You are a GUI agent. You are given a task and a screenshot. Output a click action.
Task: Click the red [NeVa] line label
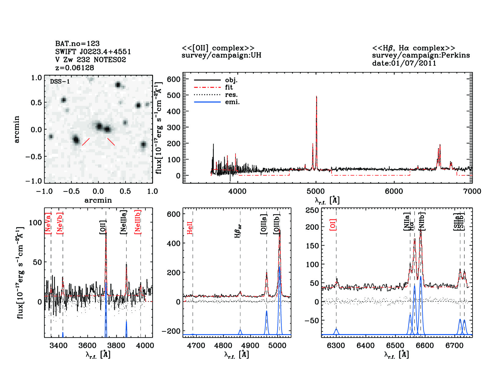click(48, 223)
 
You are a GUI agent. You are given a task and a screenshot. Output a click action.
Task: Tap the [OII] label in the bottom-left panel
click(103, 227)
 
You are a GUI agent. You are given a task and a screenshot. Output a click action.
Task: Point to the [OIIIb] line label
click(277, 224)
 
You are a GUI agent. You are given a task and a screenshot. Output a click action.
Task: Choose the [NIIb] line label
click(422, 221)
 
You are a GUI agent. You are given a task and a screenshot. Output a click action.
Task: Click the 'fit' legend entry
click(229, 87)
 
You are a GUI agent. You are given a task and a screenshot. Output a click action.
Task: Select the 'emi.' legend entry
click(232, 102)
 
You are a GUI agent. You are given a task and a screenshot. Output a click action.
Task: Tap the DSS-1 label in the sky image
click(60, 81)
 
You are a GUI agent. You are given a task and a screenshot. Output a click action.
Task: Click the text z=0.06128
click(75, 67)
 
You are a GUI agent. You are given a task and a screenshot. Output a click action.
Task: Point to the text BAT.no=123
click(77, 44)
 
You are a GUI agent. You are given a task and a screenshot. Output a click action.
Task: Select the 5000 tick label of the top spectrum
click(316, 191)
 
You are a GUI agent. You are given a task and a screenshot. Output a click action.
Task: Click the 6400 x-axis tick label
click(366, 345)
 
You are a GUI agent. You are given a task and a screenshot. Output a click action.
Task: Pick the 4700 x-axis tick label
click(196, 345)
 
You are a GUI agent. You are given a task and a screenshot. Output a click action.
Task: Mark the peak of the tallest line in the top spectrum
click(316, 96)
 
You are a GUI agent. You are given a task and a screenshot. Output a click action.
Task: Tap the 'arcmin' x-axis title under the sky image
click(98, 200)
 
